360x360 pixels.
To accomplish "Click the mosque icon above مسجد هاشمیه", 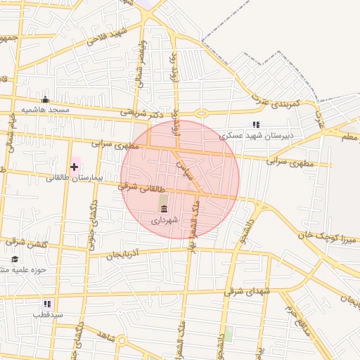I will coord(46,99).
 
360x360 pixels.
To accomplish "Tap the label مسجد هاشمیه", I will coord(45,110).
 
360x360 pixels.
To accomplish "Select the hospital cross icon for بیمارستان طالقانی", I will coord(75,167).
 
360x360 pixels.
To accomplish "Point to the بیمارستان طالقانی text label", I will coord(75,178).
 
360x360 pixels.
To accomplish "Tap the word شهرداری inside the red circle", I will coord(165,220).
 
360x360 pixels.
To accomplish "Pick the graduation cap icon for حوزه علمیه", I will coord(14,259).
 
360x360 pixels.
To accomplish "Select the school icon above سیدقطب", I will coord(47,304).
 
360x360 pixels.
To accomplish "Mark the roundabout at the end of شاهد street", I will coord(122,341).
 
